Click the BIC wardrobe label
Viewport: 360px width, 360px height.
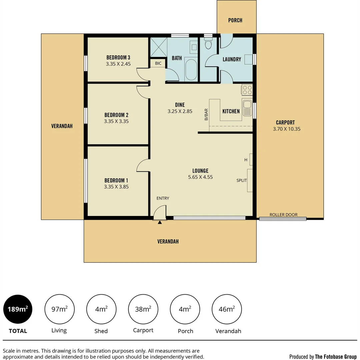point(158,63)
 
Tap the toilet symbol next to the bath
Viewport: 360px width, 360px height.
point(208,44)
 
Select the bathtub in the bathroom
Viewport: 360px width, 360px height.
point(191,69)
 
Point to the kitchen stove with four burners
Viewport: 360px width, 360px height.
point(247,90)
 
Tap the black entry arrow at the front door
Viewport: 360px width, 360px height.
point(160,222)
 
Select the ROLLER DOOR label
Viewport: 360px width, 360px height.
point(283,215)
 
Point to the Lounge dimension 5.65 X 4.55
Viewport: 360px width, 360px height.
point(200,177)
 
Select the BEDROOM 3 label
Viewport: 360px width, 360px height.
point(118,57)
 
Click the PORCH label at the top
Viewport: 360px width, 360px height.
point(235,20)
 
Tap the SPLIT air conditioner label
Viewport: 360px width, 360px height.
point(242,180)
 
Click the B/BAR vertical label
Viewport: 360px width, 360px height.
point(206,114)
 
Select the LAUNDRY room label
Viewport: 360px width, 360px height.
point(232,59)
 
